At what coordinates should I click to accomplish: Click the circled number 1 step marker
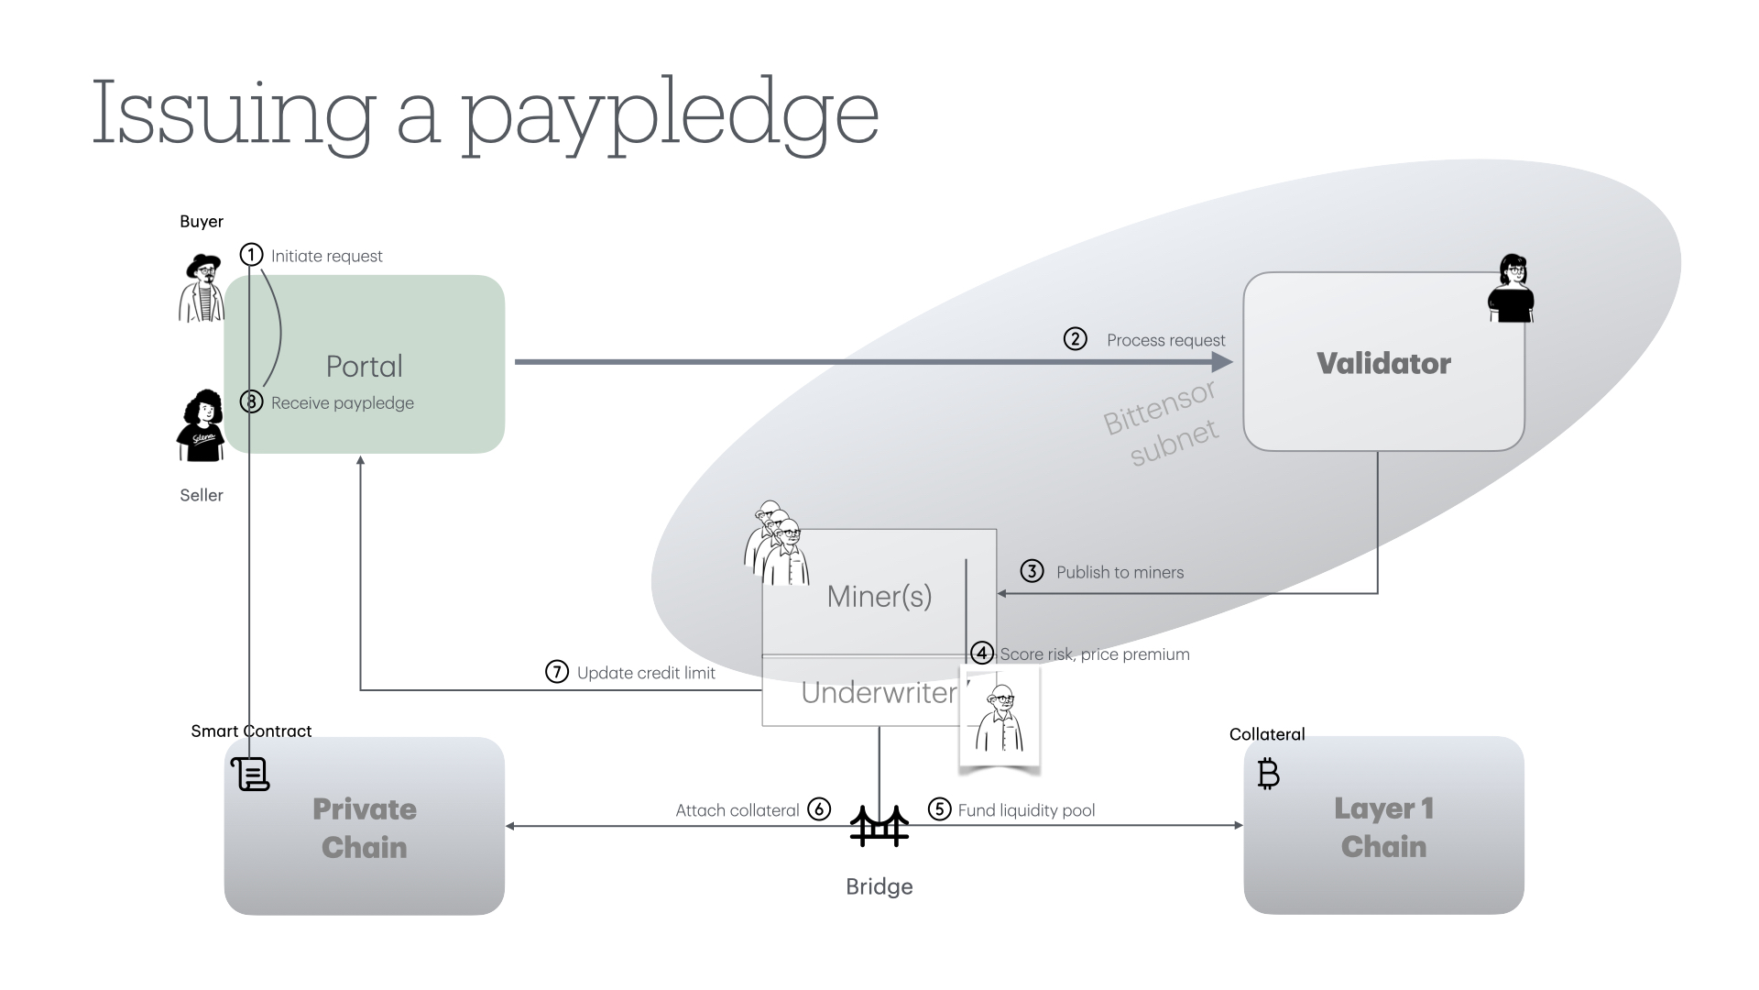251,255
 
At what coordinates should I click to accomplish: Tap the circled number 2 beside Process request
1075,339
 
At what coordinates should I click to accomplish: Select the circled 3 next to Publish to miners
1032,571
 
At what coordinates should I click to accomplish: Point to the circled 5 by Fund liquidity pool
939,808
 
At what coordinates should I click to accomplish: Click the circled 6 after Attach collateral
819,809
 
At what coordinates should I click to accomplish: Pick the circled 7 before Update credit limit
557,672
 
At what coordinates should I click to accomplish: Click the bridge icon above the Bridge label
879,826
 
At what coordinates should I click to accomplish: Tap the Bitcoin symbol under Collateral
1268,775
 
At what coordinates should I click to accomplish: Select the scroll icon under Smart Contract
250,775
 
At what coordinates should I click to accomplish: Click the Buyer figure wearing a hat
202,287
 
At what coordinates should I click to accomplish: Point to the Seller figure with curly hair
201,425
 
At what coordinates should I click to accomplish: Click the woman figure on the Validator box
1511,289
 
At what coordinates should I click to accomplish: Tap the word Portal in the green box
365,367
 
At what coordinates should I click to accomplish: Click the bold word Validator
1383,364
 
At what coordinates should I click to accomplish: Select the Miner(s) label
879,597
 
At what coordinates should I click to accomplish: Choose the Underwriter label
879,693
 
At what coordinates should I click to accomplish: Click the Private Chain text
365,828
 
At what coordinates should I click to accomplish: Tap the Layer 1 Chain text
1383,827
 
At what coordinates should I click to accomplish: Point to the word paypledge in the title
669,115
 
